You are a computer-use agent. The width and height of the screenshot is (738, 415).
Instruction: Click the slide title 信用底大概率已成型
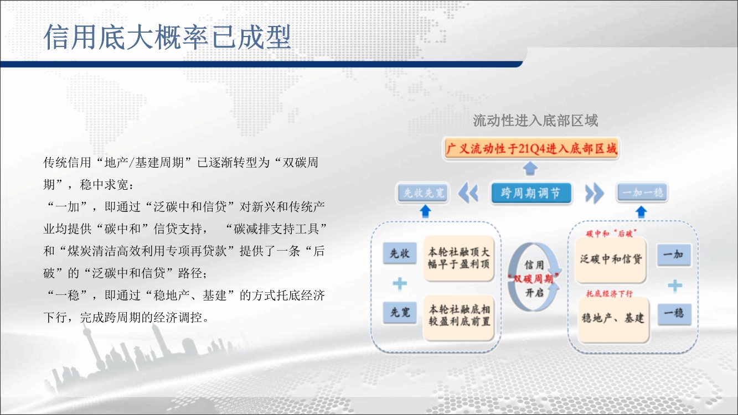tap(167, 37)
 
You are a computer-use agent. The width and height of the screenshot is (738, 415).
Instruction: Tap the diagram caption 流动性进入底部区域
tap(535, 121)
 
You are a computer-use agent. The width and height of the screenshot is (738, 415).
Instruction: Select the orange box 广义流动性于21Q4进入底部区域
tap(531, 149)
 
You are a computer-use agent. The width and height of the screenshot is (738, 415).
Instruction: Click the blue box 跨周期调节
tap(531, 193)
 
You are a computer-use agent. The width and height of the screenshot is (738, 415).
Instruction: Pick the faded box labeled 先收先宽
tap(424, 193)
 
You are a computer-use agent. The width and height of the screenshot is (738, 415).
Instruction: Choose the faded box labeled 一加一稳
tap(642, 192)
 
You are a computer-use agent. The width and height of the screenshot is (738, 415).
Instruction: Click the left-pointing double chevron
tap(468, 193)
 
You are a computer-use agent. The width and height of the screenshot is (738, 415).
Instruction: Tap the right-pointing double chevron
tap(595, 193)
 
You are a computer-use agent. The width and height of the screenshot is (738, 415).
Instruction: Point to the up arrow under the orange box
tap(530, 168)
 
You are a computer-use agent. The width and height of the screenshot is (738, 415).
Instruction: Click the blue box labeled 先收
tap(400, 253)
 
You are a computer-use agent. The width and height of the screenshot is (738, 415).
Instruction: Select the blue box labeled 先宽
tap(400, 312)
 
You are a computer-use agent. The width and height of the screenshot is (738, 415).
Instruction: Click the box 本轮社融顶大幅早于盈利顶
tap(458, 258)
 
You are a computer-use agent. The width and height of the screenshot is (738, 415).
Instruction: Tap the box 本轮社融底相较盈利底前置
tap(459, 318)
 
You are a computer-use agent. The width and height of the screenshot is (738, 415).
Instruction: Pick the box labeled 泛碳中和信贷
tap(611, 260)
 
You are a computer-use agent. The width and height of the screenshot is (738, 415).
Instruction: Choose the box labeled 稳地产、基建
tap(613, 319)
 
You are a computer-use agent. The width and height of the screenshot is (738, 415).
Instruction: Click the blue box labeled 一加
tap(674, 255)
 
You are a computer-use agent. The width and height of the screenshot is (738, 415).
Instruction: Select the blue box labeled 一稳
tap(674, 314)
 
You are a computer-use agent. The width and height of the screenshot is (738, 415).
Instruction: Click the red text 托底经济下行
tap(609, 293)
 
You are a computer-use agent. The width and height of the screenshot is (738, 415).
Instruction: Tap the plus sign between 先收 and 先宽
tap(400, 283)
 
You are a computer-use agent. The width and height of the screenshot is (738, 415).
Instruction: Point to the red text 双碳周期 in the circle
tap(533, 279)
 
